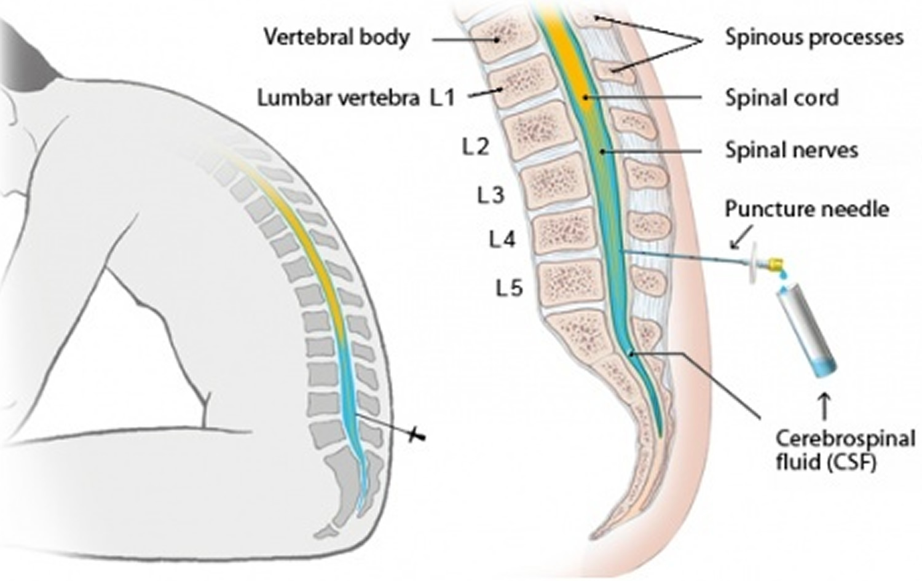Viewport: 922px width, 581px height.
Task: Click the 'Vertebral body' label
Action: click(337, 37)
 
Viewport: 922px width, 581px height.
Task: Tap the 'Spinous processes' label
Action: click(814, 37)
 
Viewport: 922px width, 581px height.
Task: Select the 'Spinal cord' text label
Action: click(782, 98)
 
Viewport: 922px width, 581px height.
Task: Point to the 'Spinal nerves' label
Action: click(792, 150)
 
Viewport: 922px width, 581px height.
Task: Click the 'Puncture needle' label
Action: click(806, 209)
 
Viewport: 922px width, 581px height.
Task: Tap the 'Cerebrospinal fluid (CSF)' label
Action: click(845, 450)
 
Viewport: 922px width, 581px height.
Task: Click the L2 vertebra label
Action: click(476, 147)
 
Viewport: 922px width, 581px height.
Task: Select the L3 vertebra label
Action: click(491, 195)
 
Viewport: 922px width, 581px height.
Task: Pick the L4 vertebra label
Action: click(502, 240)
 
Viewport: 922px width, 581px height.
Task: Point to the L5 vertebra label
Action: click(509, 288)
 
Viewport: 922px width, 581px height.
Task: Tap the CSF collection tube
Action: click(805, 332)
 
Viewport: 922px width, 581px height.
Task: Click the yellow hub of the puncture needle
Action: click(776, 263)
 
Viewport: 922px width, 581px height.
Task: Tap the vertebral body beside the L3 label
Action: click(555, 185)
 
